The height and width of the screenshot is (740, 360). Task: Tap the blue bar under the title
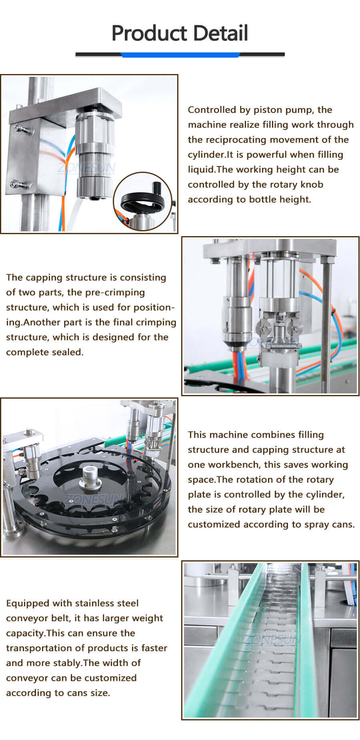tap(180, 55)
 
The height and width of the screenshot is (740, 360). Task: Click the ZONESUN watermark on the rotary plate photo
tap(95, 499)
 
